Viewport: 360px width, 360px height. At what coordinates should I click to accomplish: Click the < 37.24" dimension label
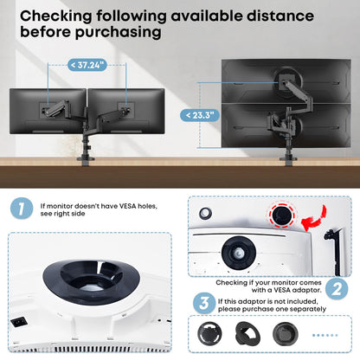[87, 65]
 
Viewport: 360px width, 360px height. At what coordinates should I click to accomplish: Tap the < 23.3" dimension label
[200, 115]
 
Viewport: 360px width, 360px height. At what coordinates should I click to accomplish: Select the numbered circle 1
[22, 209]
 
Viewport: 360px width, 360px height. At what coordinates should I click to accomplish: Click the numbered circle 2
[337, 288]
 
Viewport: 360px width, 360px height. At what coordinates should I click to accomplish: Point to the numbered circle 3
[204, 303]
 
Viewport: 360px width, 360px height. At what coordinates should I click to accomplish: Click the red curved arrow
[314, 219]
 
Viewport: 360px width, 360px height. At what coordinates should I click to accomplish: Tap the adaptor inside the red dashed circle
[282, 215]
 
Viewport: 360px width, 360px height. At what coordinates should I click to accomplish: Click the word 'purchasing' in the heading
[119, 32]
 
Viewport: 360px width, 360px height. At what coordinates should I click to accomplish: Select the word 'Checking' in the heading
[56, 16]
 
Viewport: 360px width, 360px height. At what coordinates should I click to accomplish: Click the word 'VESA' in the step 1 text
[127, 206]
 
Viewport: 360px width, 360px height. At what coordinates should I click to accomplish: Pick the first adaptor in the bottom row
[209, 334]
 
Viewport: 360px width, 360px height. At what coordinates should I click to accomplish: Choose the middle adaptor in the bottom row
[247, 333]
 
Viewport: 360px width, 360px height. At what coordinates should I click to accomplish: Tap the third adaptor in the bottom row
[286, 334]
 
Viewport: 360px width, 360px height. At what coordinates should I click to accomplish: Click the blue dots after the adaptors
[325, 335]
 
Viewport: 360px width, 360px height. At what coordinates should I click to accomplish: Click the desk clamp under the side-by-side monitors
[86, 160]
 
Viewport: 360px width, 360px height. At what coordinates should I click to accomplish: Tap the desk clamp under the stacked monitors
[288, 161]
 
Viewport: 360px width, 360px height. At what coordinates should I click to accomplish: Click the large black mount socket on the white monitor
[92, 278]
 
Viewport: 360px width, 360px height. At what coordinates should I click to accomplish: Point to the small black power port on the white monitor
[19, 322]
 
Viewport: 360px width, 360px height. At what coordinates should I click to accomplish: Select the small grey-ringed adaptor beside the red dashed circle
[205, 214]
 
